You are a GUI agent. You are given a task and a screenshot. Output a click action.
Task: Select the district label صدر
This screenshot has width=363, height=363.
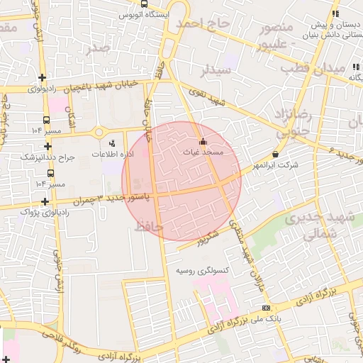[99, 48]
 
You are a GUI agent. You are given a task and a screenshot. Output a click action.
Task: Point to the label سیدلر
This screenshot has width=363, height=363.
[216, 70]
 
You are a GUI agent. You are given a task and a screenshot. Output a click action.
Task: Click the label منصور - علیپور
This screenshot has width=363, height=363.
[277, 34]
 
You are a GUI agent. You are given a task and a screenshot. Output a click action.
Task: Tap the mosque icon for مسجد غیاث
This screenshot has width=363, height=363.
[204, 140]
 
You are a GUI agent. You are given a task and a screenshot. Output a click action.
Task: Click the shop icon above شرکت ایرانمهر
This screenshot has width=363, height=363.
[275, 155]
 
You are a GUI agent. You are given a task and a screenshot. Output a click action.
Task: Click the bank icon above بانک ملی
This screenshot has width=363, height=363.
[266, 308]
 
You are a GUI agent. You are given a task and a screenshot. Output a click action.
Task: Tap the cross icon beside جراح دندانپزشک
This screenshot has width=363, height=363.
[48, 146]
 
